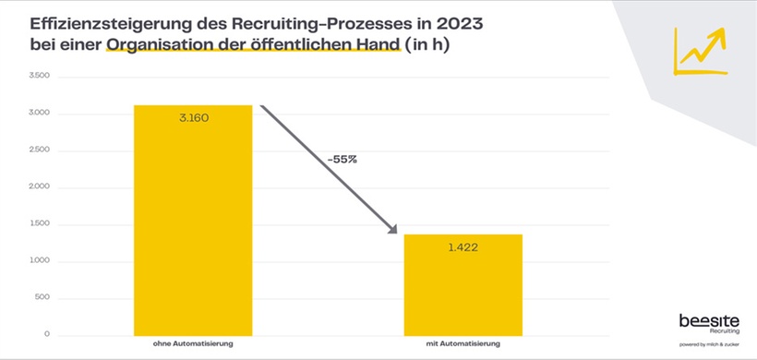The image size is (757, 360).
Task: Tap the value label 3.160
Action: (x=193, y=118)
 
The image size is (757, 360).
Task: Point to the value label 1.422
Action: (x=463, y=247)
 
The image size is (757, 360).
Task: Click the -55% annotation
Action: (x=342, y=159)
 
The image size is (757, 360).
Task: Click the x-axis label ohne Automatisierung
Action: (x=193, y=344)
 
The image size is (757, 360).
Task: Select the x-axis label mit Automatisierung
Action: (x=463, y=344)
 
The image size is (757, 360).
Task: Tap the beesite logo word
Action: (x=709, y=320)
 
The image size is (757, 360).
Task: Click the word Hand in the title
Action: (x=377, y=43)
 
